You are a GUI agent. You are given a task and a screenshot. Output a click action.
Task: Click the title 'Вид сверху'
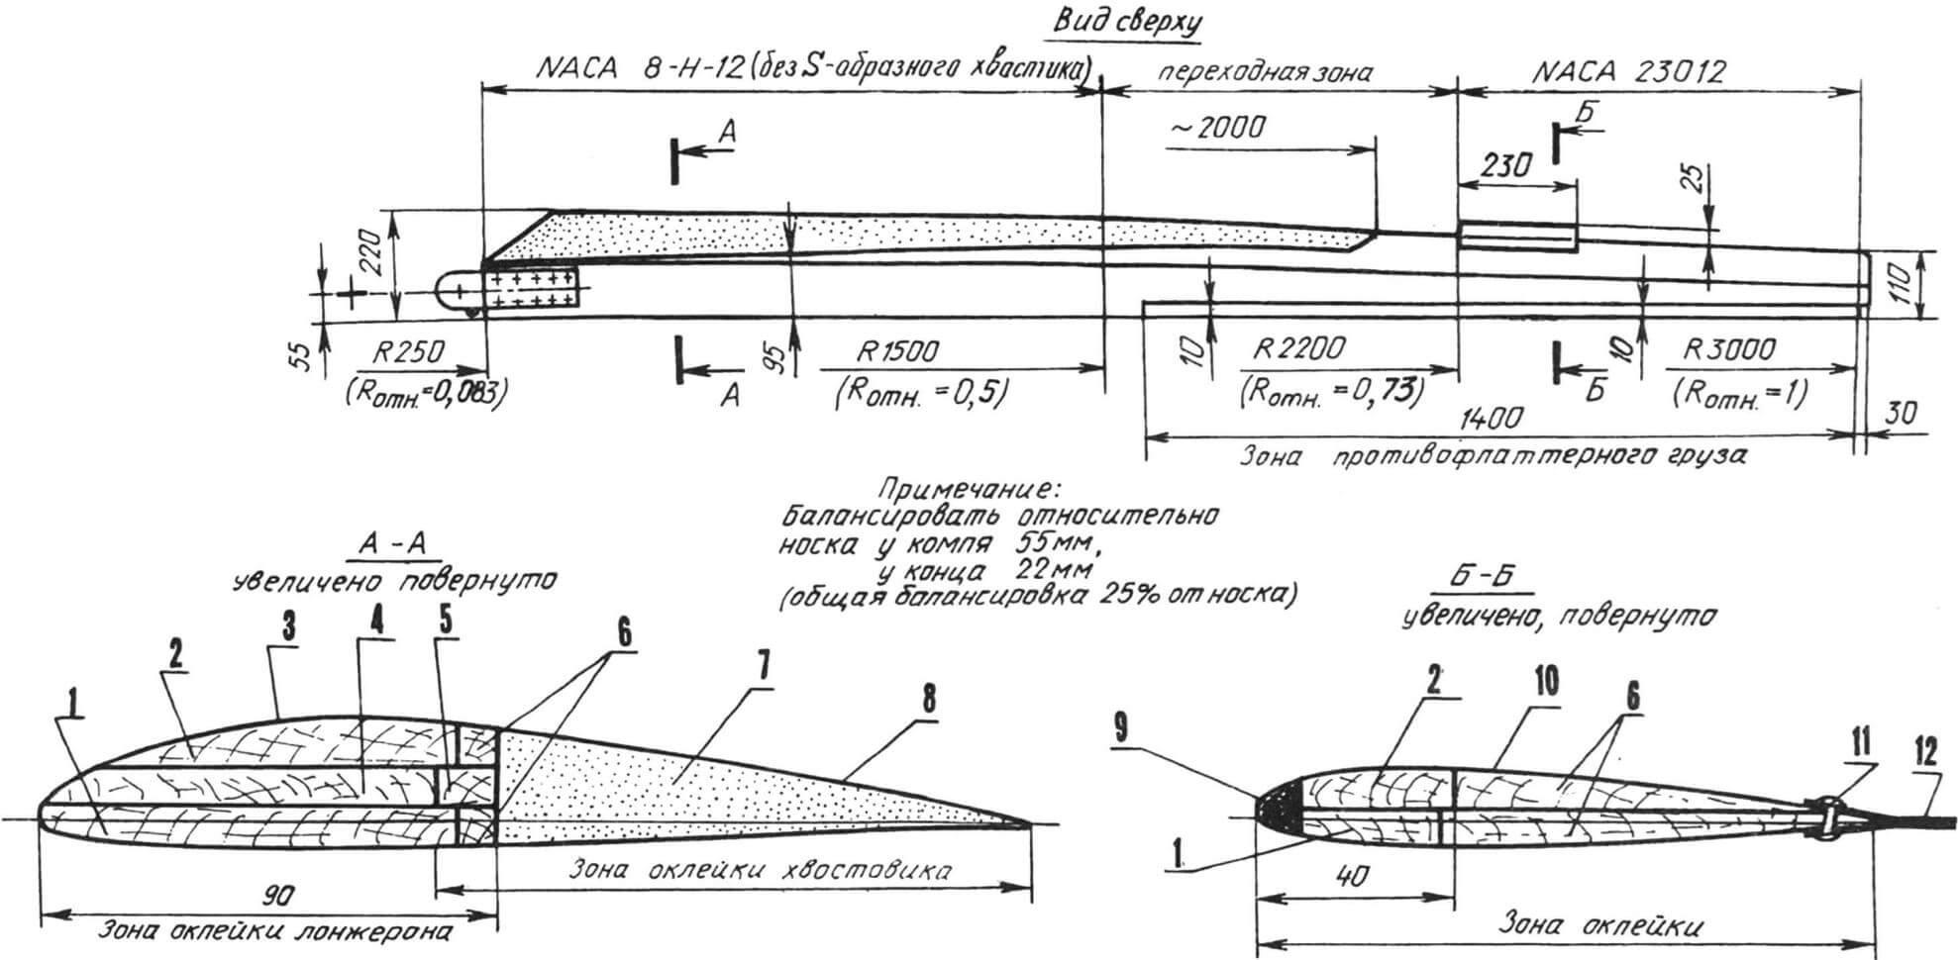click(1127, 23)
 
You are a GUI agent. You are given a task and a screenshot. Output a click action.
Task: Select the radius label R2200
click(1299, 350)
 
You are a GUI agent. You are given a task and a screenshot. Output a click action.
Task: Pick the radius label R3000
click(1728, 350)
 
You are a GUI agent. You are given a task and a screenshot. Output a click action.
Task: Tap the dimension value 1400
click(1491, 419)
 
